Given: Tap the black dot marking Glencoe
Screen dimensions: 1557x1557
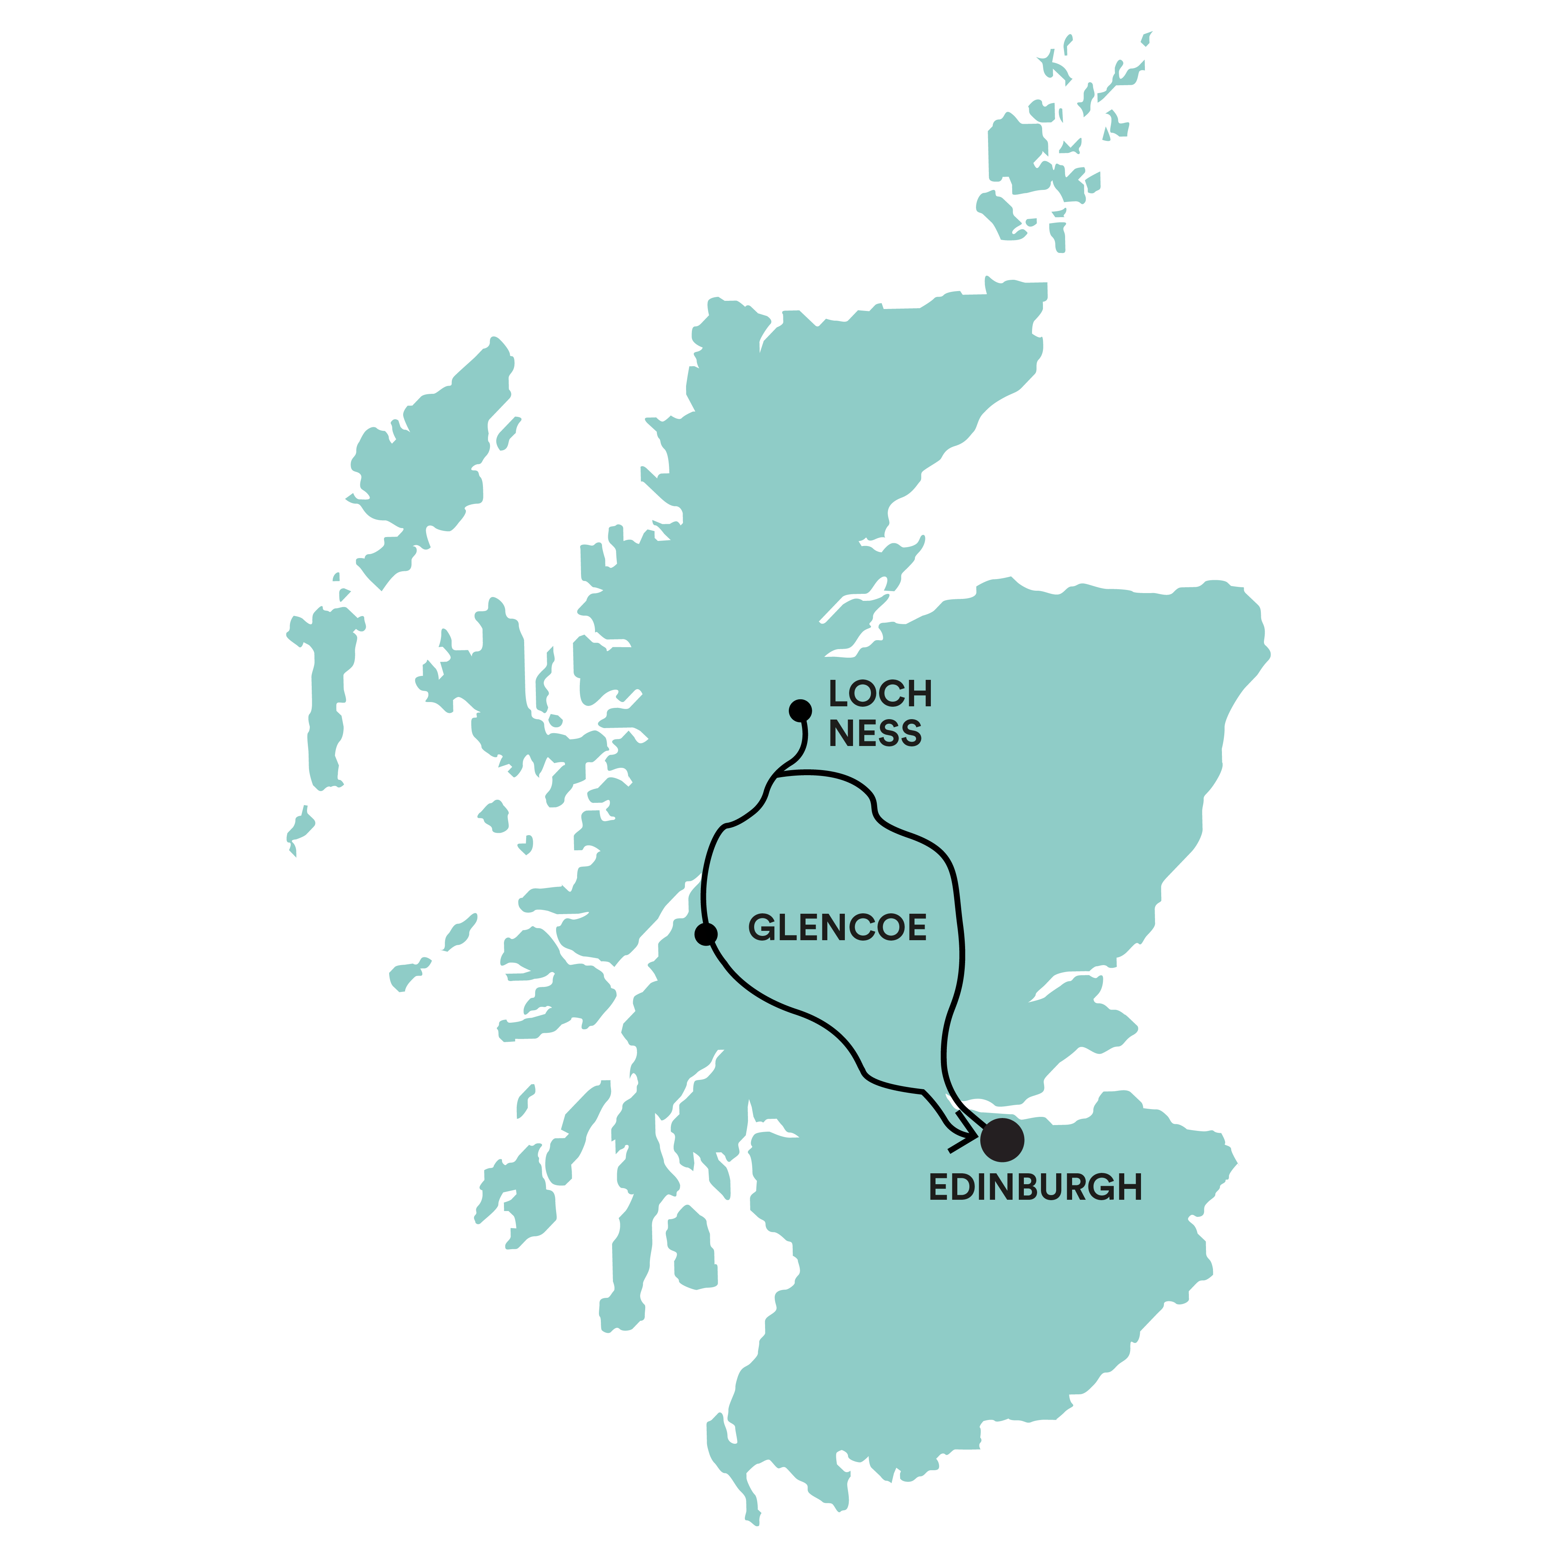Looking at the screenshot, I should click(706, 934).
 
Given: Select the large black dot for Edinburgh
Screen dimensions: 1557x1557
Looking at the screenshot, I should click(1002, 1139).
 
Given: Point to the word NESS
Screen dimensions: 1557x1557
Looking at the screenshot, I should click(875, 734).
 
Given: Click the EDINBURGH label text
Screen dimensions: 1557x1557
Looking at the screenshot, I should click(1036, 1187).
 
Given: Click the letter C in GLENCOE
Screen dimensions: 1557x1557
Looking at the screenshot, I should click(853, 928).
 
